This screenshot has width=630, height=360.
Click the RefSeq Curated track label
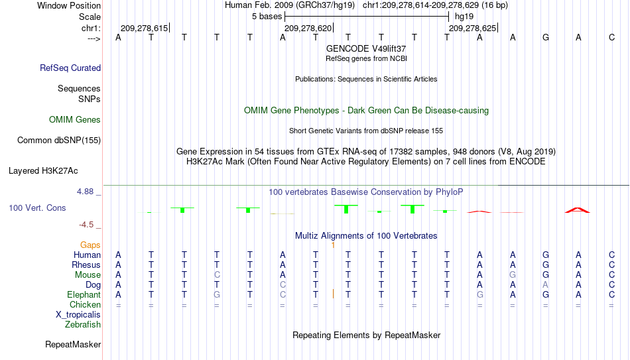click(70, 68)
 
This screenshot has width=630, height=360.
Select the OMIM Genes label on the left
click(75, 120)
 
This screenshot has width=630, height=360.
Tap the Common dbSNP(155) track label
click(59, 141)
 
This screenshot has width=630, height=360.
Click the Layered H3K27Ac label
click(43, 171)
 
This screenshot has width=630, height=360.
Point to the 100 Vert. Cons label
click(37, 208)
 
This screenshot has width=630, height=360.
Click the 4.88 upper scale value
click(85, 192)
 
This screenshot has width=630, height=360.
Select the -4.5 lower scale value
click(86, 225)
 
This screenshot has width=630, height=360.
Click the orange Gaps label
click(90, 245)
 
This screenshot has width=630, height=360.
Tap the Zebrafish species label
click(83, 325)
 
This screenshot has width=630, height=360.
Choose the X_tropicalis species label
click(78, 315)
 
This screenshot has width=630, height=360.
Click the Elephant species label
click(84, 295)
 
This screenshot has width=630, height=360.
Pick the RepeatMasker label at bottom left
click(73, 344)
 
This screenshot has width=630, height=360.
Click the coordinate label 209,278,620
click(308, 28)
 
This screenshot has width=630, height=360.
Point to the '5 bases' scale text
click(267, 17)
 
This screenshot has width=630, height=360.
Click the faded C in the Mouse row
click(217, 275)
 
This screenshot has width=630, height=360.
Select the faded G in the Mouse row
click(513, 275)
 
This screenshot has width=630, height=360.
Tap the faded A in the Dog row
click(545, 285)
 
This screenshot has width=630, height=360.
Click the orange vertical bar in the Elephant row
click(333, 294)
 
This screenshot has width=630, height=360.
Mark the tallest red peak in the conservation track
click(578, 210)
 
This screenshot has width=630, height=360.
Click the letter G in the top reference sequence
click(546, 37)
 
